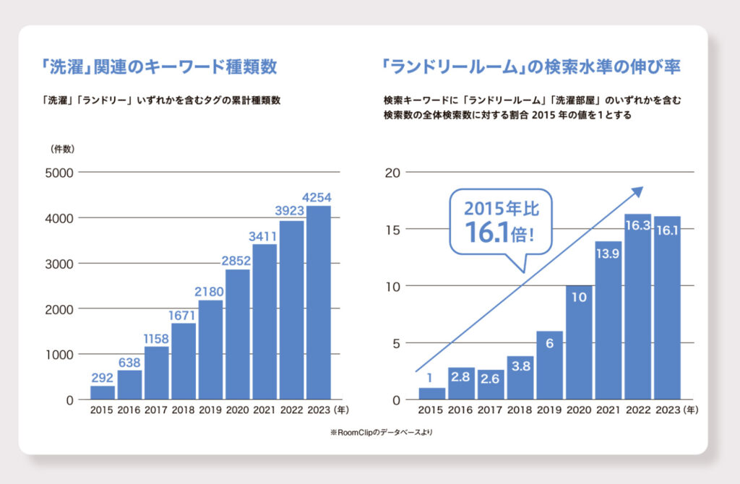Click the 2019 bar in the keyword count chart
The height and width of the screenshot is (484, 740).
(x=211, y=350)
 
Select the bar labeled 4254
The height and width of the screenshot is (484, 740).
(x=319, y=303)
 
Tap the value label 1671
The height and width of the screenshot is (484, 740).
(x=184, y=315)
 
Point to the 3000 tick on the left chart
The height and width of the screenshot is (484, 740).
(x=59, y=264)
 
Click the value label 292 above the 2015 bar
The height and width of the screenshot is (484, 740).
(x=103, y=377)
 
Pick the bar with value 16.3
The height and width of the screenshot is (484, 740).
(x=637, y=307)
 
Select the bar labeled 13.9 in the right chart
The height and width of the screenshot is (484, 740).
(x=608, y=321)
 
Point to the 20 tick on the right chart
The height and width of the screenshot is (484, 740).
(x=393, y=173)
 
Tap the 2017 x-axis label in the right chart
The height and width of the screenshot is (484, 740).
(x=490, y=411)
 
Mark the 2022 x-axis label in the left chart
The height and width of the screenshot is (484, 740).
(x=292, y=411)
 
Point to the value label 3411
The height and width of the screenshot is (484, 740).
(x=265, y=235)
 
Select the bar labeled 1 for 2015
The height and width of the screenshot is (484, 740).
(x=432, y=394)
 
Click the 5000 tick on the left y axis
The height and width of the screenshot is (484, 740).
(x=59, y=173)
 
